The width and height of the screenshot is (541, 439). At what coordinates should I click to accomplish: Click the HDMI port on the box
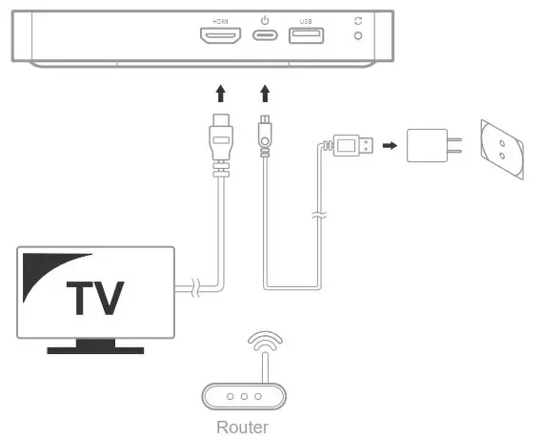pos(221,35)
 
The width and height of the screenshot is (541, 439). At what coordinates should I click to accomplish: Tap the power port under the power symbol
pos(265,35)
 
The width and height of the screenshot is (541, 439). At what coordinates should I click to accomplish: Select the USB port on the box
pos(307,35)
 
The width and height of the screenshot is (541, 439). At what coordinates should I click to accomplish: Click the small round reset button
pos(358,35)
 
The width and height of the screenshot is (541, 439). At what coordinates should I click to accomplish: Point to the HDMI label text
pos(220,21)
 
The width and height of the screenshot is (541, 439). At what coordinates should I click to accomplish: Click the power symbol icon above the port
pos(265,20)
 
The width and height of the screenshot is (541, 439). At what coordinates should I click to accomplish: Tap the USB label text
pos(306,21)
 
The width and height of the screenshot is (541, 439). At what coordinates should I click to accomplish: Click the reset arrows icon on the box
pos(358,21)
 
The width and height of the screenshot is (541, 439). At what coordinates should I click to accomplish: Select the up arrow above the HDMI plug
pos(221,94)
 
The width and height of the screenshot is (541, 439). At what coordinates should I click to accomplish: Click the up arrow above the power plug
pos(265,94)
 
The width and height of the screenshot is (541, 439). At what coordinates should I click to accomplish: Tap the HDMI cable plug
pos(221,145)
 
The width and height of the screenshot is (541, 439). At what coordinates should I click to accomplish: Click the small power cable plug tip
pos(265,136)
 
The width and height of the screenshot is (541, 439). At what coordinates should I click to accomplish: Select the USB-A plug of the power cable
pos(350,145)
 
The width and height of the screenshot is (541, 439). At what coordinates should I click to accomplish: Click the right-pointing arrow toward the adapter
pos(390,145)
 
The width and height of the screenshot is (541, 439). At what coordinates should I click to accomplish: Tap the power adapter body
pos(427,145)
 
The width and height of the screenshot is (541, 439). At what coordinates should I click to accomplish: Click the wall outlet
pos(502,150)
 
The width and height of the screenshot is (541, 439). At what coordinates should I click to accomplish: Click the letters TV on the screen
pos(95,298)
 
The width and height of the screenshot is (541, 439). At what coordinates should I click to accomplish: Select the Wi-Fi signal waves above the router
pos(265,341)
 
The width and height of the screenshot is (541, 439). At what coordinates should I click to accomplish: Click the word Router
pos(242,428)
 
